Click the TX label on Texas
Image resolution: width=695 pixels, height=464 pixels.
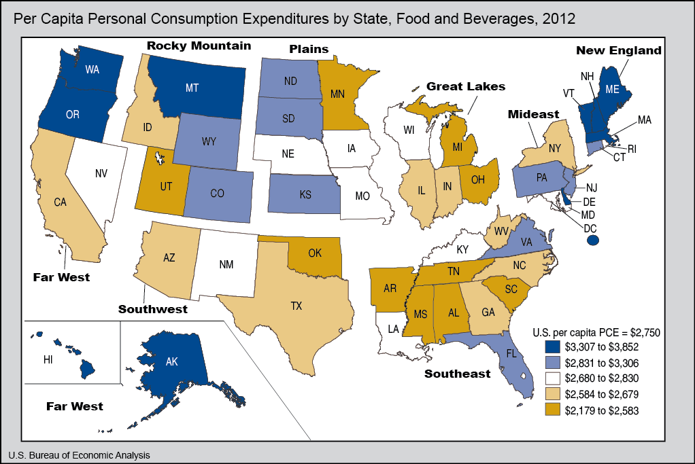point(296,306)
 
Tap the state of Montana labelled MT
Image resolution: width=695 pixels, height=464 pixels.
point(192,88)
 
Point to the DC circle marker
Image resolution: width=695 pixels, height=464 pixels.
point(592,240)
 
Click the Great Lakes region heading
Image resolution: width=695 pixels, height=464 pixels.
point(466,86)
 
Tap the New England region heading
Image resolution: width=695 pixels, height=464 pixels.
point(618,50)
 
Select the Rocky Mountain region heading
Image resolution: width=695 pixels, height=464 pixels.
point(199,46)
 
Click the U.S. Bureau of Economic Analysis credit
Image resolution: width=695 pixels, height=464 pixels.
point(79,454)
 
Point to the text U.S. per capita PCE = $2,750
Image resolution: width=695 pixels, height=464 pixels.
point(596,332)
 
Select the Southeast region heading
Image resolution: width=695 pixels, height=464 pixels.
point(457,374)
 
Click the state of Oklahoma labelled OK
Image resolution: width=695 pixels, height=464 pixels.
point(314,253)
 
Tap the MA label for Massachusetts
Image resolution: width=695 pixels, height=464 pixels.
point(644,120)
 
